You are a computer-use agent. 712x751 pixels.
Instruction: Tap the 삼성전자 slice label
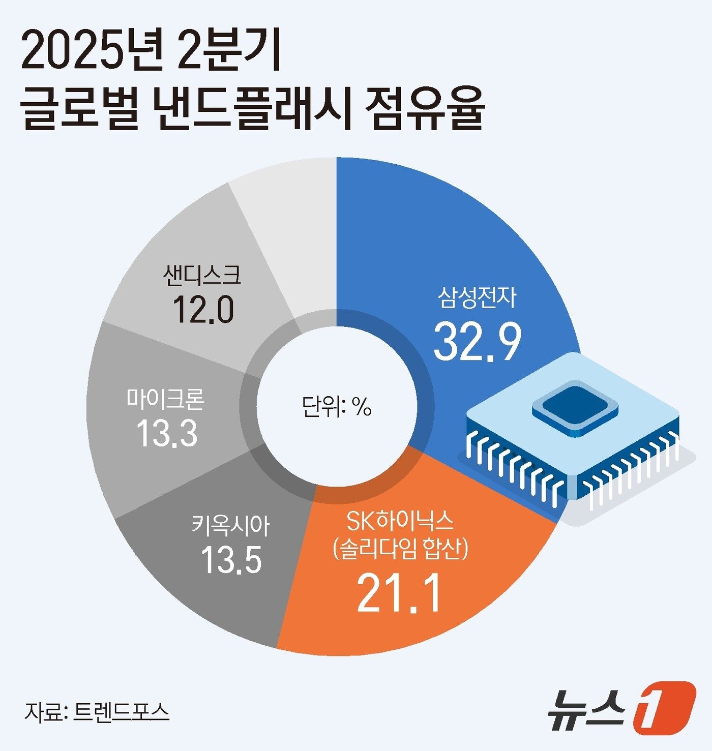(x=477, y=297)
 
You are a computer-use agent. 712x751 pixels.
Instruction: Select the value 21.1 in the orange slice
(x=398, y=593)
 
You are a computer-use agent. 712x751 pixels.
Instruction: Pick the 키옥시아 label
(x=230, y=525)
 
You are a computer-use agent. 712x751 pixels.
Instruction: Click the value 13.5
(x=231, y=560)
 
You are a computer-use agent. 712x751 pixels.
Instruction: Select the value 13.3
(x=167, y=434)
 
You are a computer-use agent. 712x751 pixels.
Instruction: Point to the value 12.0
(x=203, y=310)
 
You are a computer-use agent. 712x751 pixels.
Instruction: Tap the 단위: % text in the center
(x=337, y=407)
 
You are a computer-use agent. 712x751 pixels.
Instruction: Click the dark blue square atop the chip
(x=575, y=406)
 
